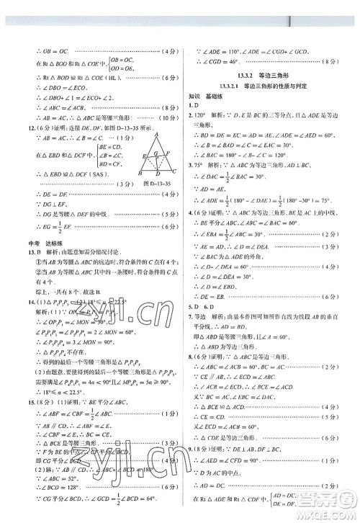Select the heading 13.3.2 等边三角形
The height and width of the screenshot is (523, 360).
(x=263, y=73)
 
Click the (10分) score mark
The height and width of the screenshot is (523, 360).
(x=167, y=118)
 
